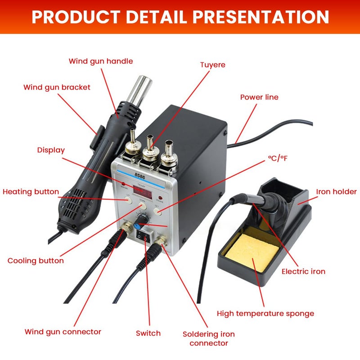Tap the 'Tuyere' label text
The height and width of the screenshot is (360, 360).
point(212,65)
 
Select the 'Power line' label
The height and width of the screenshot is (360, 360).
point(259,97)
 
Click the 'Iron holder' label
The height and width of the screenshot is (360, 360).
point(336,192)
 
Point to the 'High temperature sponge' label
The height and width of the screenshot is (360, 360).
point(265,313)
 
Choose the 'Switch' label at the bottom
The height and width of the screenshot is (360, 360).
point(148,333)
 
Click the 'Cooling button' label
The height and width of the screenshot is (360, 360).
point(36,261)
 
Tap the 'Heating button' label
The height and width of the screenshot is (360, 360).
point(31,192)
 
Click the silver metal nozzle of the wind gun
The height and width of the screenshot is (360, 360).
point(137,92)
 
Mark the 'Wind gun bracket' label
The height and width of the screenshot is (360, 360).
point(57,87)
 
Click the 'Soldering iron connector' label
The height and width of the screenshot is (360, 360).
point(208,338)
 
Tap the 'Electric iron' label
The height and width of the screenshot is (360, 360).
point(303,271)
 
